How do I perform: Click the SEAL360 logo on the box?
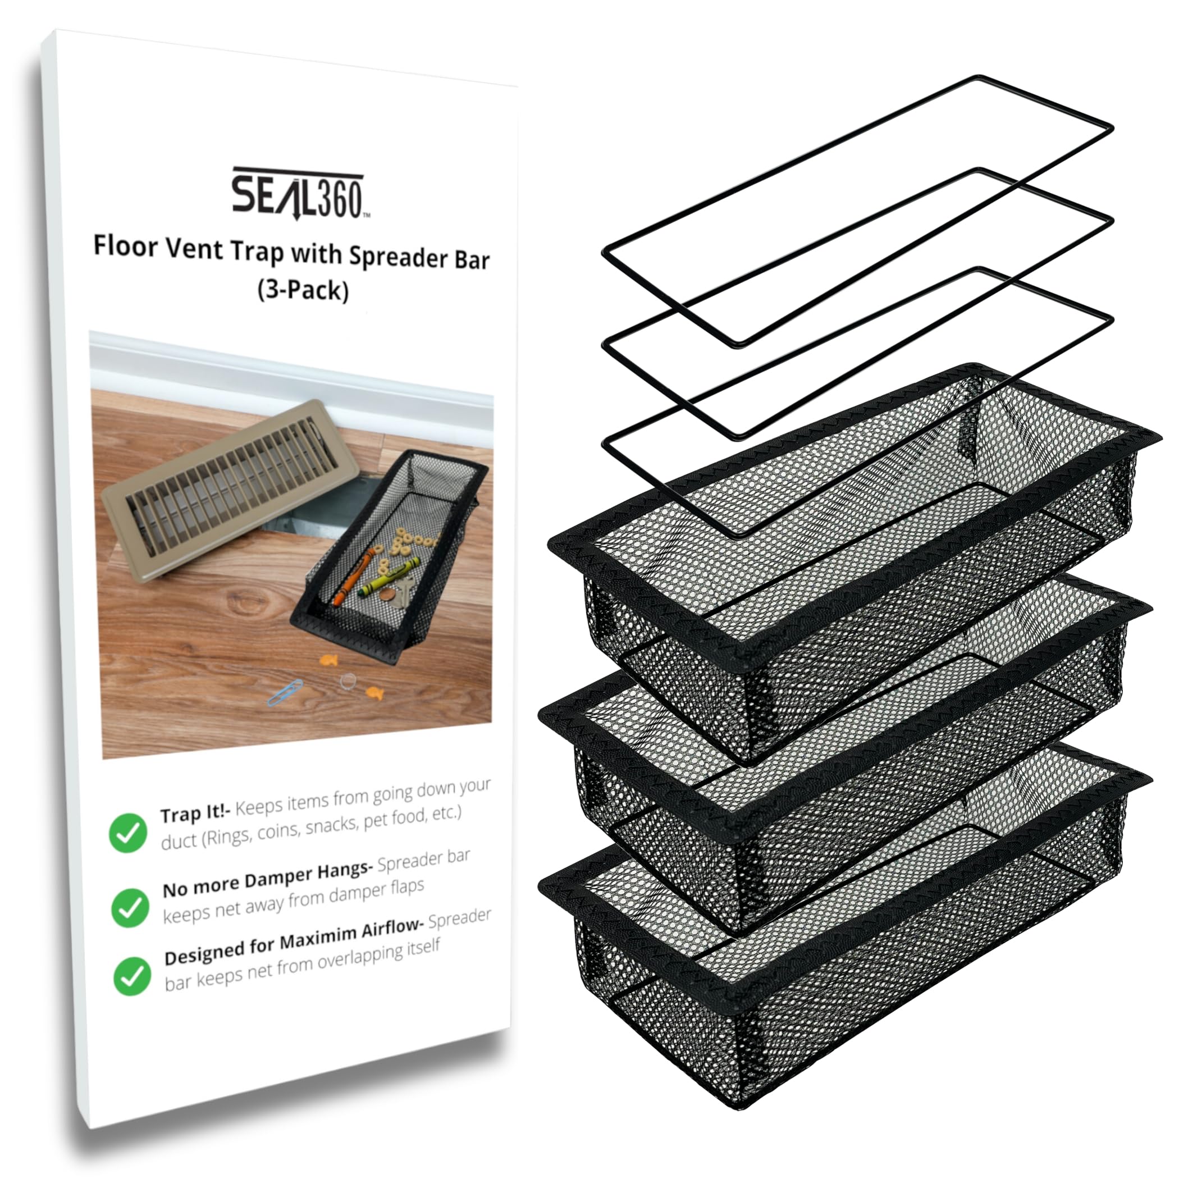(x=298, y=194)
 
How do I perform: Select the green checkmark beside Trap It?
(x=127, y=833)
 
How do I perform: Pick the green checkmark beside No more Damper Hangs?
(x=129, y=907)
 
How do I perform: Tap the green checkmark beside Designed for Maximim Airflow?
(x=132, y=976)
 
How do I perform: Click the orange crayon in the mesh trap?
(x=353, y=577)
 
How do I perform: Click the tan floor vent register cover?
(x=220, y=488)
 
